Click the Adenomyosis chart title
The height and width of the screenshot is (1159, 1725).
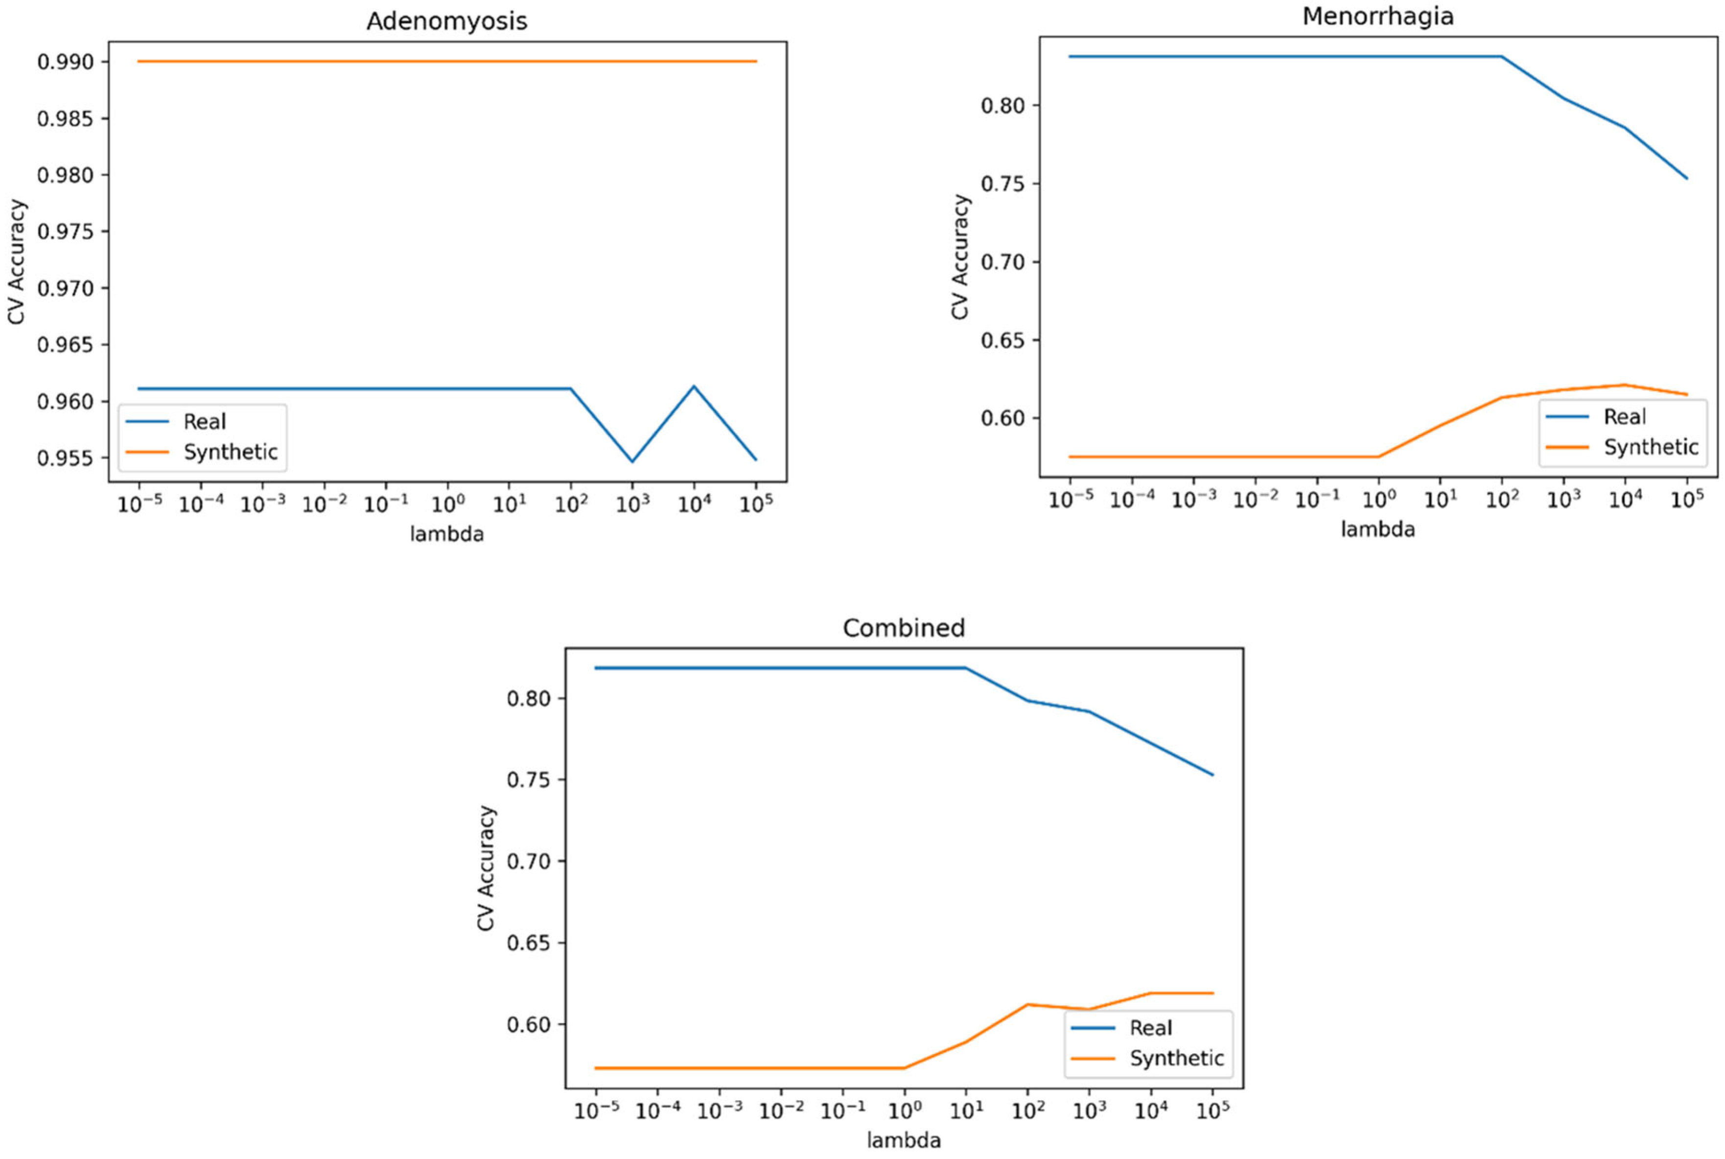click(x=447, y=21)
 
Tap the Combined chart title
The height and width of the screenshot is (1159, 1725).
click(x=904, y=628)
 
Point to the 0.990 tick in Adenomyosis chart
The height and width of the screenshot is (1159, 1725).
click(x=66, y=62)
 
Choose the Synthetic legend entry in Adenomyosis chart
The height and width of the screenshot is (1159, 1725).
click(x=230, y=451)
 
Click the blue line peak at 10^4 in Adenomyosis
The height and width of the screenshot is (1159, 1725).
click(x=694, y=386)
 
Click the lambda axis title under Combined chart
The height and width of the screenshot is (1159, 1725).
click(x=904, y=1140)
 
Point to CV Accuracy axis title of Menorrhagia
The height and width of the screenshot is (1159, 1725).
click(x=959, y=257)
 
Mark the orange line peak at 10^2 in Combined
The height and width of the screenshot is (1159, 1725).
click(x=1027, y=1004)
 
